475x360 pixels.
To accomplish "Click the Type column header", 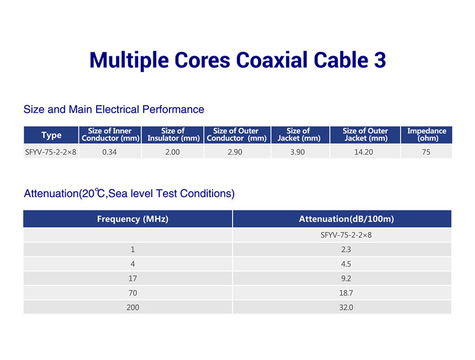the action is pos(51,135).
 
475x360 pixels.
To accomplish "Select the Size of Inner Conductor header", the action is pos(110,135).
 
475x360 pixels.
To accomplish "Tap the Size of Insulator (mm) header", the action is pos(173,135).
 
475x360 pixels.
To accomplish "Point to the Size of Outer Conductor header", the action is pos(236,135).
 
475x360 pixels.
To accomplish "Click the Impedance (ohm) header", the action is pos(426,135).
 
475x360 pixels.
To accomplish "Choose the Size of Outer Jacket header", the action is pos(365,135).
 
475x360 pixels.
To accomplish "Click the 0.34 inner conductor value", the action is pos(109,152).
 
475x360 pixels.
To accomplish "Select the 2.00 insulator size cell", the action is pos(172,152).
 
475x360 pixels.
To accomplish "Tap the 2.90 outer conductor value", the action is pos(235,152).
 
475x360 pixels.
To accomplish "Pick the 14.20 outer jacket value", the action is pos(363,152).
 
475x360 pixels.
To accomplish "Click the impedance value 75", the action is pos(426,152).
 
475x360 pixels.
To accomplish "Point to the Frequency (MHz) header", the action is pos(133,219).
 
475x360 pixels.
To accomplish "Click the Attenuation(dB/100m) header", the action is pos(346,219).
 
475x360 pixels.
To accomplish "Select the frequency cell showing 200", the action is pos(133,308).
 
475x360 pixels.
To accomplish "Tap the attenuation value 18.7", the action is pos(346,293).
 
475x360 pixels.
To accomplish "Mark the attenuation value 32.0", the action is pos(346,308).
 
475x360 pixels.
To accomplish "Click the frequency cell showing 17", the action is pos(133,278).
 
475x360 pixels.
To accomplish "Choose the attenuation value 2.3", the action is pos(346,250).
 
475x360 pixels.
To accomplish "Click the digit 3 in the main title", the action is pos(380,60).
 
